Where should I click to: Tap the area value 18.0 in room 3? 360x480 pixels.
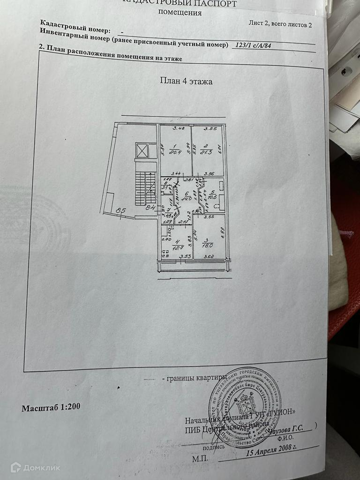click(x=208, y=244)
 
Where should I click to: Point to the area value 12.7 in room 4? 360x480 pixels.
click(x=177, y=248)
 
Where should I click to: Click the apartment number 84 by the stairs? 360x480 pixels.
click(x=150, y=208)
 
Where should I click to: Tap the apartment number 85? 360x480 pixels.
click(x=120, y=211)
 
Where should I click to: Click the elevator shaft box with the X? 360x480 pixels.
click(x=142, y=150)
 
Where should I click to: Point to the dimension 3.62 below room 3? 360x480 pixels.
click(x=209, y=256)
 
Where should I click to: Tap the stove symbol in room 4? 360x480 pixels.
click(x=165, y=255)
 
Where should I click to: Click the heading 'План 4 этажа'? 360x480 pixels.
click(x=186, y=81)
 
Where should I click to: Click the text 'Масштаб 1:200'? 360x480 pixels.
click(x=51, y=407)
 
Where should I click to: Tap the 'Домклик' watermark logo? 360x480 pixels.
click(x=36, y=467)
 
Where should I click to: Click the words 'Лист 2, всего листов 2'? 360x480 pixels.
click(x=280, y=25)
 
